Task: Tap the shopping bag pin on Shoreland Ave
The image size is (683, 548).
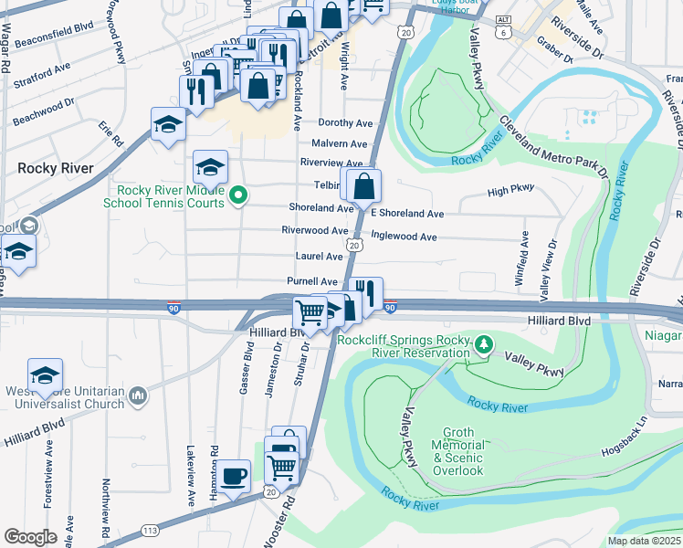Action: point(363,185)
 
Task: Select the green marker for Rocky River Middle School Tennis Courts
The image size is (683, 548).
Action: point(239,194)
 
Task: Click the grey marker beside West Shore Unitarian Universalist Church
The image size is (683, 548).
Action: point(138,395)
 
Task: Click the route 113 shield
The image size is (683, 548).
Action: point(152,531)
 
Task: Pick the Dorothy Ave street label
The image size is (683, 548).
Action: point(345,122)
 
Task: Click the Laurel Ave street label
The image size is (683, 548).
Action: point(319,257)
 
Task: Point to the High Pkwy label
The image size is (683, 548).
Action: point(510,191)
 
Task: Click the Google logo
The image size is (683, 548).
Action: point(30,536)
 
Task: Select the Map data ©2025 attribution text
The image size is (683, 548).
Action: point(643,541)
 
